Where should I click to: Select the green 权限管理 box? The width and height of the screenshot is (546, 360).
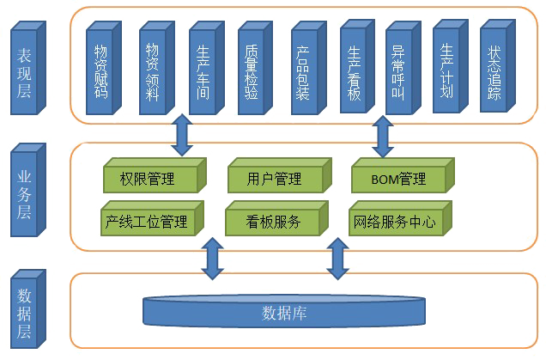pyautogui.click(x=148, y=180)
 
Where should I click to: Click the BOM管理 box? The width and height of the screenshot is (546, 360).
pyautogui.click(x=398, y=180)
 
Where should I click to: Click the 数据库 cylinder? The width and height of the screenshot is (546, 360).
pyautogui.click(x=283, y=314)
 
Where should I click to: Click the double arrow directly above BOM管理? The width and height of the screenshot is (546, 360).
pyautogui.click(x=380, y=137)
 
